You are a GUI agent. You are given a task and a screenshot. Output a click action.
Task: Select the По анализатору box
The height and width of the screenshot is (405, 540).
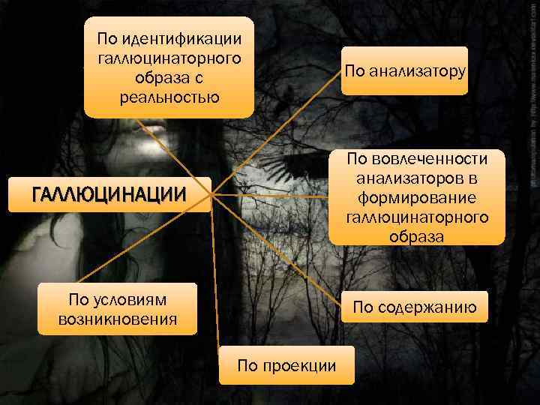tap(404, 71)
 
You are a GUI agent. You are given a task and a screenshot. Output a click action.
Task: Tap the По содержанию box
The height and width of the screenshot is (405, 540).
tap(415, 306)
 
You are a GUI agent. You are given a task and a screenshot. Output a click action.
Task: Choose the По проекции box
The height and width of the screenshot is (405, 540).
tap(286, 365)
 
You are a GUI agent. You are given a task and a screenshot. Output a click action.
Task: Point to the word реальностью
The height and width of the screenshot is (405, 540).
tap(169, 97)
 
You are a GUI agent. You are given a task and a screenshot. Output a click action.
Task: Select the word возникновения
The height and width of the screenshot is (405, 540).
tap(118, 320)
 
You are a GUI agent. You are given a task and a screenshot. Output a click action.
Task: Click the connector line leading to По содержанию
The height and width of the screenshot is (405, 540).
tap(277, 251)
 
